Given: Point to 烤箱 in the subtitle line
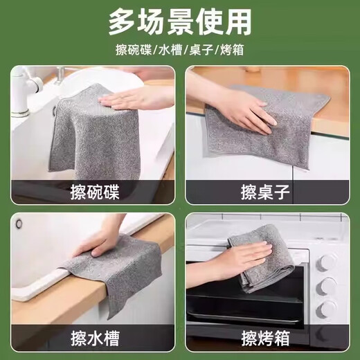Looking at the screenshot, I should point(241,51).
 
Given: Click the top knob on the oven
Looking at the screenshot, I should point(325,262).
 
